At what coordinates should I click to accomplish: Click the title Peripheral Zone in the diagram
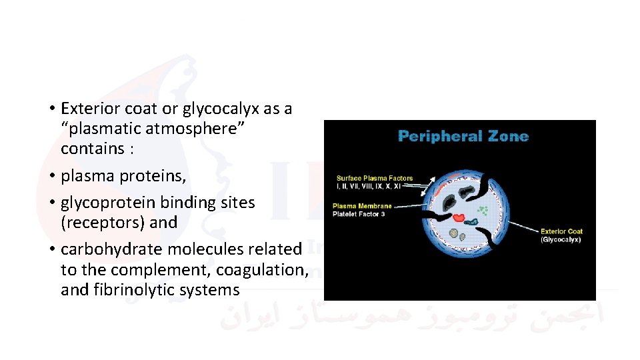(463, 137)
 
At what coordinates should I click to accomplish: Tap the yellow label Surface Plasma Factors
(375, 178)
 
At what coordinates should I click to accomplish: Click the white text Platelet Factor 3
(359, 214)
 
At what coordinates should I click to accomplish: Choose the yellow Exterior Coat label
(561, 231)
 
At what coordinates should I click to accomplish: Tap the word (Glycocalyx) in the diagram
(561, 239)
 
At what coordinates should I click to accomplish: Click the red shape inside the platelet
(460, 217)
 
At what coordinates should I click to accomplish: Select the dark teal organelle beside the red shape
(472, 221)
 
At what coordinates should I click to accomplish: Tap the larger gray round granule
(453, 234)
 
